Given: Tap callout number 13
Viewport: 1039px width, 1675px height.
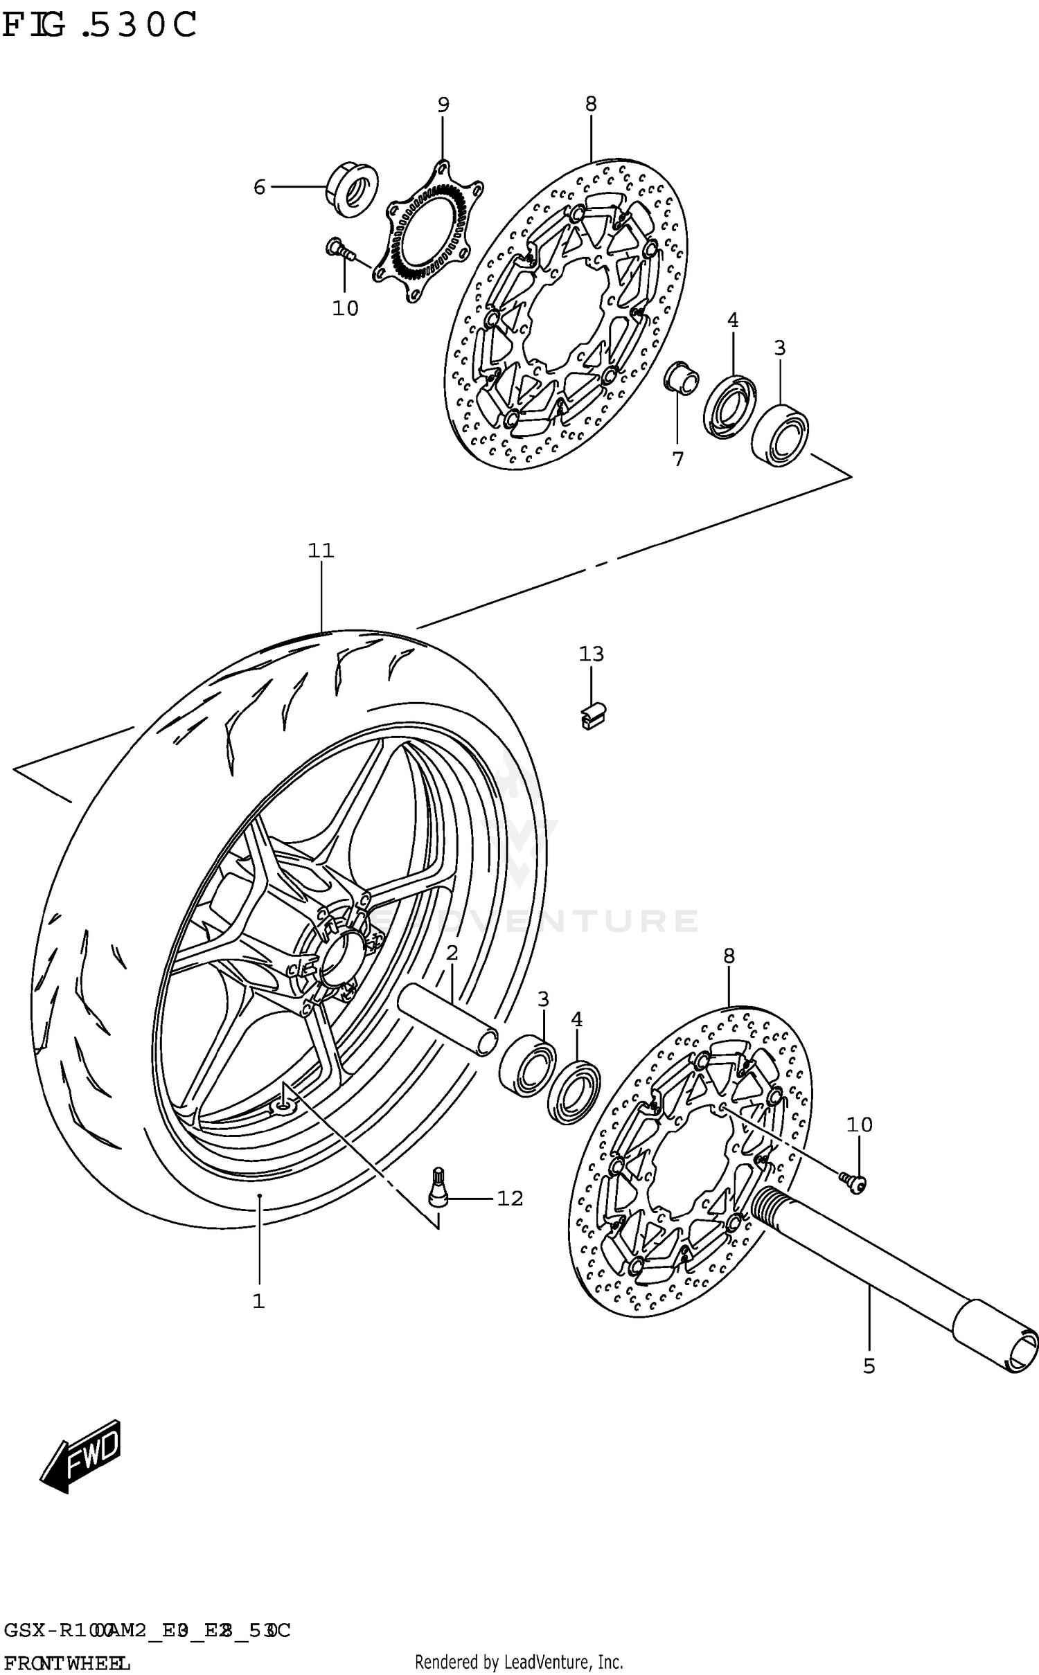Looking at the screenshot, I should point(592,654).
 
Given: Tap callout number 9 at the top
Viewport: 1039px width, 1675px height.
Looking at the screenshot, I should point(443,105).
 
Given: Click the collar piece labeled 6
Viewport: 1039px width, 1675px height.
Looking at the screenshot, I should point(352,188).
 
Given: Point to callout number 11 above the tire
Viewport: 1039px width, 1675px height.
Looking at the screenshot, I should point(321,550).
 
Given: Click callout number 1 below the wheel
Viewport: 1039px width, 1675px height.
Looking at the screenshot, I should point(258,1301).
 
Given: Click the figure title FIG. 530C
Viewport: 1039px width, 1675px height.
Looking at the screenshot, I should point(99,26).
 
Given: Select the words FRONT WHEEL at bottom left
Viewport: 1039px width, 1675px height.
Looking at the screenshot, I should point(66,1662).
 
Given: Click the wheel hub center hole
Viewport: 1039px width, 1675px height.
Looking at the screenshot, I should point(341,957).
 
